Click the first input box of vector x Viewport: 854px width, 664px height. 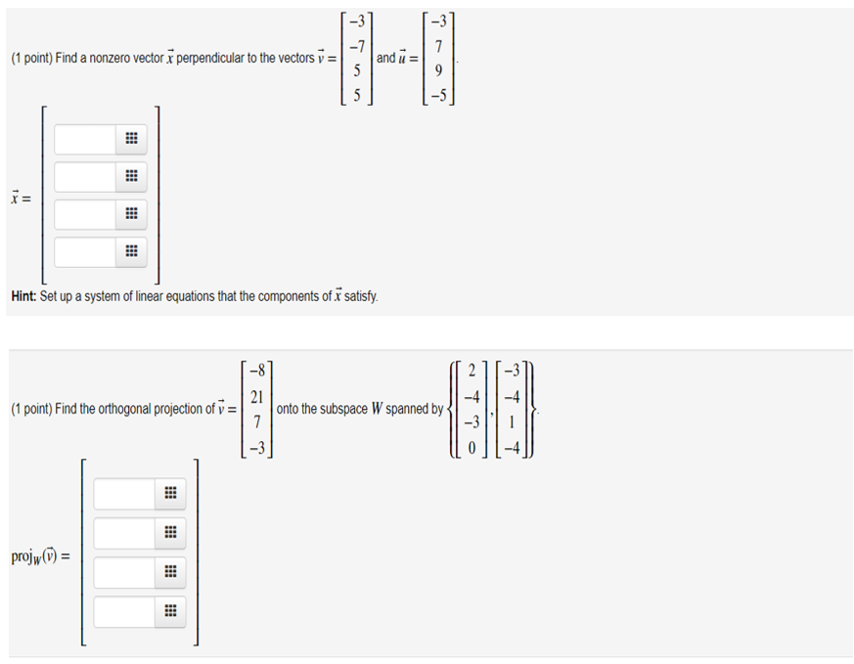(85, 140)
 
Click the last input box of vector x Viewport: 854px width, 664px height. (85, 251)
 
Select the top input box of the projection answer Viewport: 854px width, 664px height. (124, 494)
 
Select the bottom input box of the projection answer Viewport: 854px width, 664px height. (124, 612)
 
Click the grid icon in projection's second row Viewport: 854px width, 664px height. (168, 534)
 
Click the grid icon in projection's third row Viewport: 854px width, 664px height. (168, 573)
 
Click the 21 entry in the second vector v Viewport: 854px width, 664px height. (256, 398)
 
